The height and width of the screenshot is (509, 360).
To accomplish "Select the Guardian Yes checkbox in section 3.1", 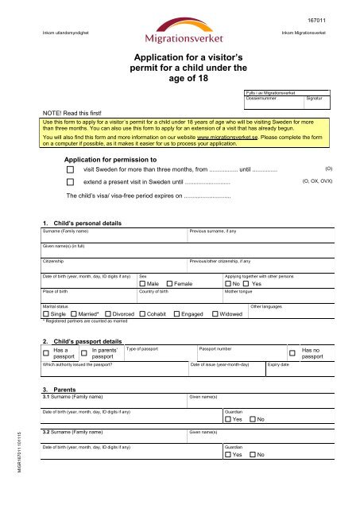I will coord(228,419).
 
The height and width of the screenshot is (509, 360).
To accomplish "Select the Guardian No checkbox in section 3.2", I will coord(253,454).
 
